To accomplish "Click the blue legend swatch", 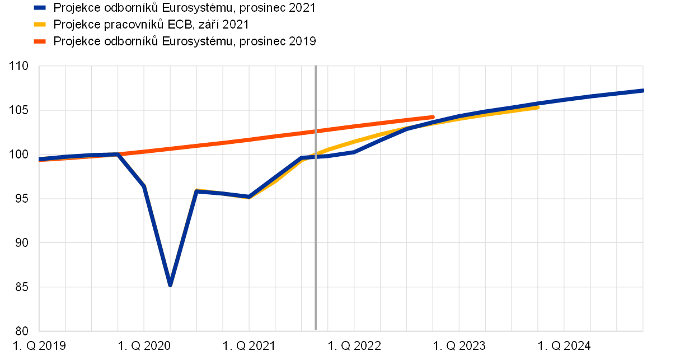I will [x=40, y=8].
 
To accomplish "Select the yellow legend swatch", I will [x=40, y=25].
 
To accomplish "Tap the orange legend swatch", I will [x=40, y=41].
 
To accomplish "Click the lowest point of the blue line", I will [x=170, y=284].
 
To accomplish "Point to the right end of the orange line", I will [x=433, y=117].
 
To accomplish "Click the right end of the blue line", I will [x=642, y=90].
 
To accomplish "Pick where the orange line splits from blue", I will [x=118, y=154].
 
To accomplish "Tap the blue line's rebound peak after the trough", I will [x=196, y=191].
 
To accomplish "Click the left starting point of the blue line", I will [x=40, y=159].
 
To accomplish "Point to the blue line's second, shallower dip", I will [x=249, y=197].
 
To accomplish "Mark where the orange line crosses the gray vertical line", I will [x=316, y=131].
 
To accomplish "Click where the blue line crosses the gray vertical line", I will [x=316, y=157].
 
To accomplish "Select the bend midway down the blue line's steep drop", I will [x=144, y=186].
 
